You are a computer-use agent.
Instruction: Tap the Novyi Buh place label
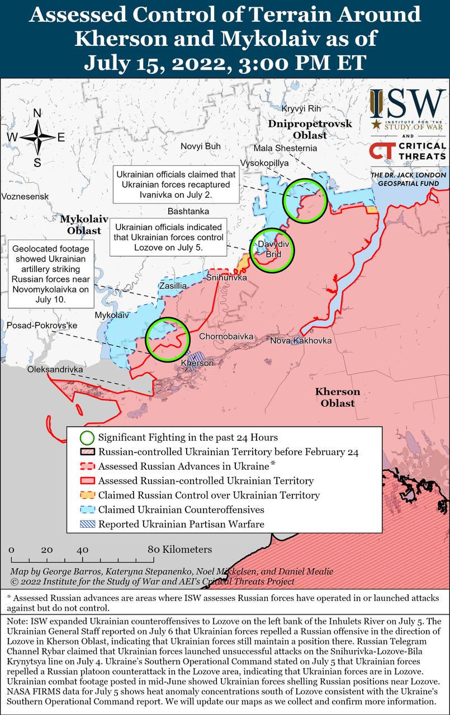click(200, 146)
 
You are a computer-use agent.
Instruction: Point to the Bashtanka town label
click(188, 211)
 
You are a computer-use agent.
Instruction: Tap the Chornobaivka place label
click(226, 337)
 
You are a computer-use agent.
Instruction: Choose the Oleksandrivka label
click(55, 370)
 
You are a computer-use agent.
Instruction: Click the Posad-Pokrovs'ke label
click(41, 325)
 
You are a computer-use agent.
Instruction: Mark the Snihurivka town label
click(226, 278)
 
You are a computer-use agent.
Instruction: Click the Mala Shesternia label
click(285, 149)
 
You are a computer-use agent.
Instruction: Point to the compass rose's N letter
click(37, 113)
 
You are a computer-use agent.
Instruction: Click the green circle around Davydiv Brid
click(272, 250)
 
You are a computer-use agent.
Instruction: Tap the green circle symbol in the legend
click(87, 437)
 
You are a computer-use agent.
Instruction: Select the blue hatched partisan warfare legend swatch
click(87, 524)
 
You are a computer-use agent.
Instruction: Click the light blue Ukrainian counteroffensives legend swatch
click(87, 509)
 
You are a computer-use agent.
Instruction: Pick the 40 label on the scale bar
click(83, 550)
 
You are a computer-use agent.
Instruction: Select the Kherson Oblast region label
click(337, 397)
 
